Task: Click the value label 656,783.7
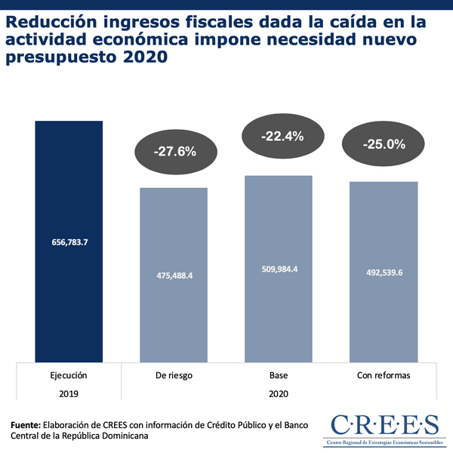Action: tap(69, 242)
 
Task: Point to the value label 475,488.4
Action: tap(174, 276)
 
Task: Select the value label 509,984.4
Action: tap(279, 270)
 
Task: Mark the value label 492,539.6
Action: tap(384, 273)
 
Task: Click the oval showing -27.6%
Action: tap(174, 151)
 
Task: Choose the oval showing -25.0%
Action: tap(384, 144)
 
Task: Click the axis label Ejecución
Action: tap(69, 375)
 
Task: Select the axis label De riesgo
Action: tap(174, 375)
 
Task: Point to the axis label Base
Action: tap(279, 375)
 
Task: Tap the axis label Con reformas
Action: tap(384, 375)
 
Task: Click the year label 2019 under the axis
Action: tap(69, 393)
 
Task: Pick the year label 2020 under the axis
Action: tap(279, 393)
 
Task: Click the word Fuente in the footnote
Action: tap(26, 424)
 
